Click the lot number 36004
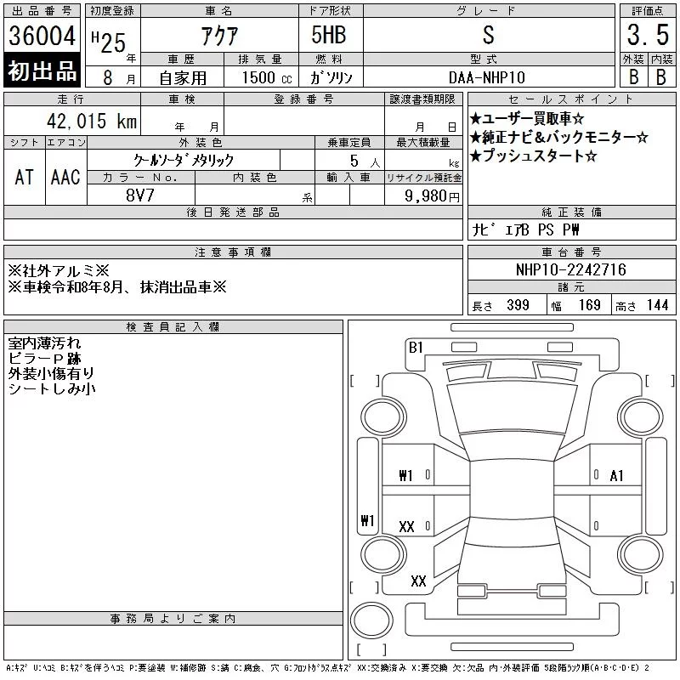pos(42,36)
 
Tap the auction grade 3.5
pos(648,35)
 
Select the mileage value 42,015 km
pos(92,121)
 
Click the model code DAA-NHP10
pos(486,77)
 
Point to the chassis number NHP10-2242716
pos(570,269)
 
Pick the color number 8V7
pos(140,195)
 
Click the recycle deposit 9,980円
pos(432,196)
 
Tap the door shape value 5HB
pos(329,35)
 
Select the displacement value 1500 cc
pos(267,77)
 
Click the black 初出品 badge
pos(42,71)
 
